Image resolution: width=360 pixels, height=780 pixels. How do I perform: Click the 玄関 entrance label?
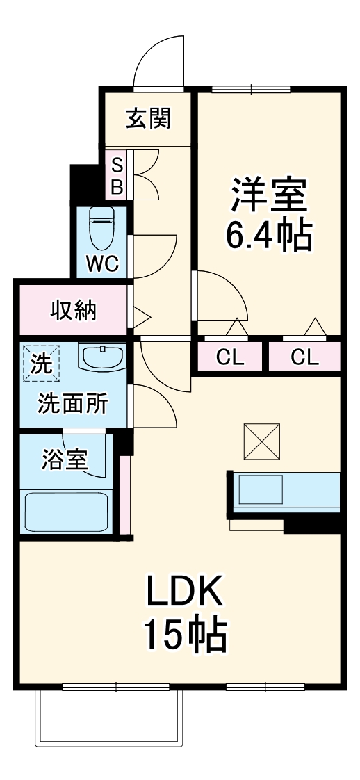coord(148,119)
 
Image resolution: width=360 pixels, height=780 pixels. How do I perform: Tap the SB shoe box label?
coord(117,176)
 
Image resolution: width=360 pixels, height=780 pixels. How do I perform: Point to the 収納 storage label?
coord(73,311)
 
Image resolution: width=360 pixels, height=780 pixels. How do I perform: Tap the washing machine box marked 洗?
coord(41,364)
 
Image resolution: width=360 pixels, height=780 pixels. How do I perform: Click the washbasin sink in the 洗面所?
coord(102,357)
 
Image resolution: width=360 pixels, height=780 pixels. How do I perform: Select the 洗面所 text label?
coord(72,403)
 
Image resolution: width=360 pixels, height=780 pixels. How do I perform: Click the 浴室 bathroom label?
coord(65,460)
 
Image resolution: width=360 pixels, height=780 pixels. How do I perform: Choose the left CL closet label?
coord(230,358)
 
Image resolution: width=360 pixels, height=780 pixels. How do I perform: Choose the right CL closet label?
coord(304,358)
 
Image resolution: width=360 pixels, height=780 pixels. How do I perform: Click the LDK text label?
coord(184,592)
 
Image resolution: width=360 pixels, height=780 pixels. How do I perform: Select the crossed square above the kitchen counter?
coord(263,441)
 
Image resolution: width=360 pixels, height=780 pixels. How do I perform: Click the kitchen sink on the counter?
coord(261,490)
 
